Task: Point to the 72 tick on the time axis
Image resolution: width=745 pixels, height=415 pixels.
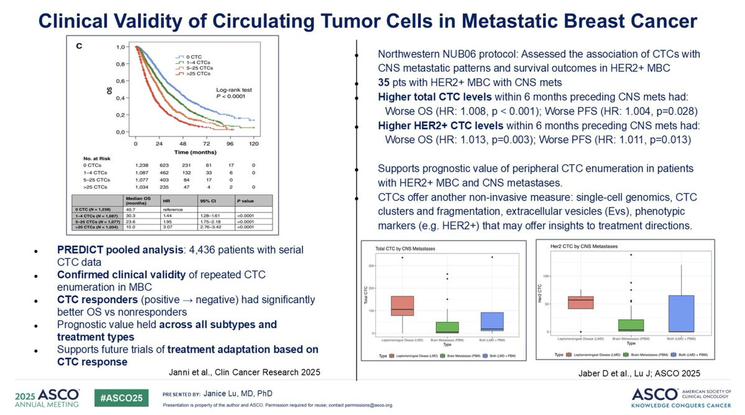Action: [x=206, y=144]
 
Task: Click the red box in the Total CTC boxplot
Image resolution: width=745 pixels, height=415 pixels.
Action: [x=402, y=306]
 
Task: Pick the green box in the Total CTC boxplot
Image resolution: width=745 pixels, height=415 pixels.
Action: [x=448, y=327]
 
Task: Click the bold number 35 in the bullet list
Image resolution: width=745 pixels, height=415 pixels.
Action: [x=385, y=82]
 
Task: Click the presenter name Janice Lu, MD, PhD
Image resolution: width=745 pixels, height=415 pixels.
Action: [x=237, y=393]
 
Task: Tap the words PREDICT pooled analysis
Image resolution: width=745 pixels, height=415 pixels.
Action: [x=111, y=249]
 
